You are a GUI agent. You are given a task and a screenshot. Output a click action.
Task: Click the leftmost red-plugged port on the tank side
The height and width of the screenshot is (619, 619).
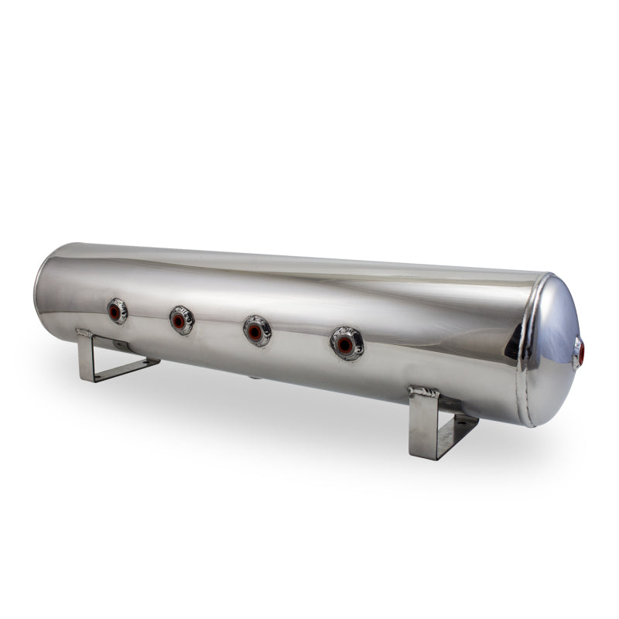(x=116, y=311)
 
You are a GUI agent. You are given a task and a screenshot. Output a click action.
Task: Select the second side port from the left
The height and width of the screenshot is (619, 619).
(x=180, y=320)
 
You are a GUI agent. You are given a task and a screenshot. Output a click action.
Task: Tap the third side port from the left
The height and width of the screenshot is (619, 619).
(x=256, y=331)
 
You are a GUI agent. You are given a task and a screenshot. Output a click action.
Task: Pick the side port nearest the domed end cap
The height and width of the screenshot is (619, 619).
(x=347, y=343)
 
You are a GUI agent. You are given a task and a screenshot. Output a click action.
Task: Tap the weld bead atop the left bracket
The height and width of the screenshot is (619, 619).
(x=84, y=333)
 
